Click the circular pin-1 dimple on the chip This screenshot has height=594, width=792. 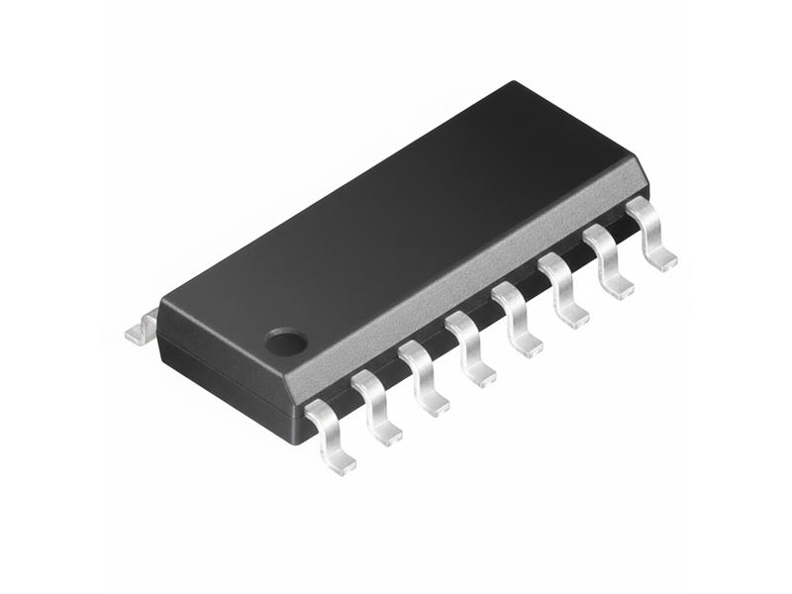(x=286, y=343)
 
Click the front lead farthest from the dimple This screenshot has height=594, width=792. (x=650, y=234)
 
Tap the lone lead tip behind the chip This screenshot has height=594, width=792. (x=142, y=327)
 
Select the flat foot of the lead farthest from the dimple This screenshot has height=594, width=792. (x=661, y=262)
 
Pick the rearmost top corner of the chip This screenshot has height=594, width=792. (x=513, y=83)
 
